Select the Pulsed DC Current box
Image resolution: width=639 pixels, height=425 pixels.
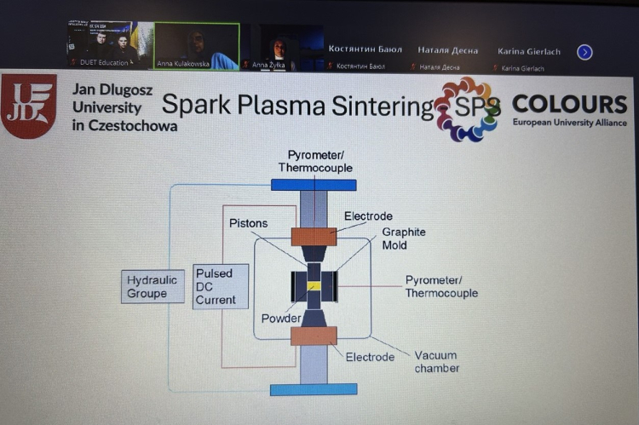coord(221,286)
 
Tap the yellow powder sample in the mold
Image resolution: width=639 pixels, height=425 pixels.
coord(314,287)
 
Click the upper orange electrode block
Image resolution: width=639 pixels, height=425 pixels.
coord(314,236)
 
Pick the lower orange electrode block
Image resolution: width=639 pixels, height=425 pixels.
coord(314,336)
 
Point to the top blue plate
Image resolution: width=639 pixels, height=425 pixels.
coord(313,184)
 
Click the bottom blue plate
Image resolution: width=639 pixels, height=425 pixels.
coord(313,389)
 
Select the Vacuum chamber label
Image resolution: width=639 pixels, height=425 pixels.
coord(436,361)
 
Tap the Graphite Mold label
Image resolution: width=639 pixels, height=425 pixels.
coord(403,238)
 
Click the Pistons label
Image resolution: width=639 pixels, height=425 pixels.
coord(248,223)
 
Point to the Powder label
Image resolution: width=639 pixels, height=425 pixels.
coord(281,319)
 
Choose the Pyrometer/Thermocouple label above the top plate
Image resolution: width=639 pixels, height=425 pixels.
coord(315,161)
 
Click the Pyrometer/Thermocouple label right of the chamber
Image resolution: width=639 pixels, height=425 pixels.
coord(441,286)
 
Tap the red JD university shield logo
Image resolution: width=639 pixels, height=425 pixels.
coord(29,105)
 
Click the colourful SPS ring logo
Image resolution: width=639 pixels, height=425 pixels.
coord(467,108)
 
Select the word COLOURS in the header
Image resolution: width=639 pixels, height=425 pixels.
coord(569,104)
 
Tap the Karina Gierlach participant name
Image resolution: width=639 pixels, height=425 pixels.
coord(529,51)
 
